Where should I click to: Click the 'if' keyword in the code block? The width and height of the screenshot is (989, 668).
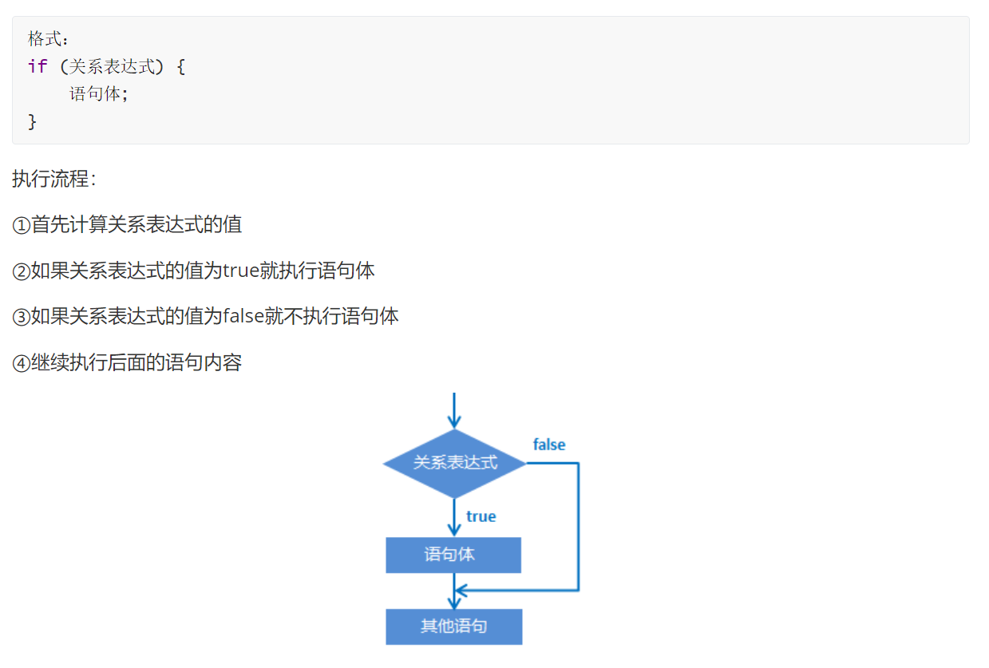(38, 66)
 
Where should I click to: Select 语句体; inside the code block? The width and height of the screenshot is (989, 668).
(99, 94)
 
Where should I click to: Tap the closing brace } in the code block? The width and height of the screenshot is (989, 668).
(33, 121)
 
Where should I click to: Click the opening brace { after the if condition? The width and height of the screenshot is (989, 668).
(180, 66)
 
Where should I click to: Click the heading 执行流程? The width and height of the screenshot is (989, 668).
(53, 179)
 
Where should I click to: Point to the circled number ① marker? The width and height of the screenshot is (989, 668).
(21, 226)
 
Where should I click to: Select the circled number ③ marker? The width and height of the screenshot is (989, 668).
(21, 318)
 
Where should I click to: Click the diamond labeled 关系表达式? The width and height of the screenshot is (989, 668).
(454, 463)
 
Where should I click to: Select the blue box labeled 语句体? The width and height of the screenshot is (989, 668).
(453, 555)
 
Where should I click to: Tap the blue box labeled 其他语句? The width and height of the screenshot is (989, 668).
(453, 626)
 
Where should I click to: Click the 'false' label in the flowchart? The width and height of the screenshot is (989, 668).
(549, 445)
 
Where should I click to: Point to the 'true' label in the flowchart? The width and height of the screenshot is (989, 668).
(481, 516)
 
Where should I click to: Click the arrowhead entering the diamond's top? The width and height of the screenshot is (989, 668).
(454, 422)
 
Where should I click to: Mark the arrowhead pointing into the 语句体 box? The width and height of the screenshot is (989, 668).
(454, 530)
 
